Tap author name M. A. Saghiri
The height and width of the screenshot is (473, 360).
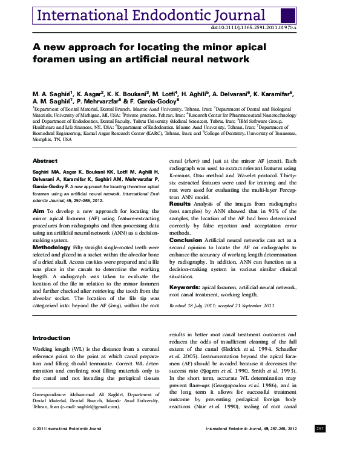pyautogui.click(x=53, y=94)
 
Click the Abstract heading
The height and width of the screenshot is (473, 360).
pyautogui.click(x=45, y=161)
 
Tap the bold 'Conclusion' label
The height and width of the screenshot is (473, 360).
pyautogui.click(x=185, y=240)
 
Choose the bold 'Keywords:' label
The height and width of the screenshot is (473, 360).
pyautogui.click(x=184, y=287)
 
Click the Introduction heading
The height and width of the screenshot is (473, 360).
pyautogui.click(x=51, y=338)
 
